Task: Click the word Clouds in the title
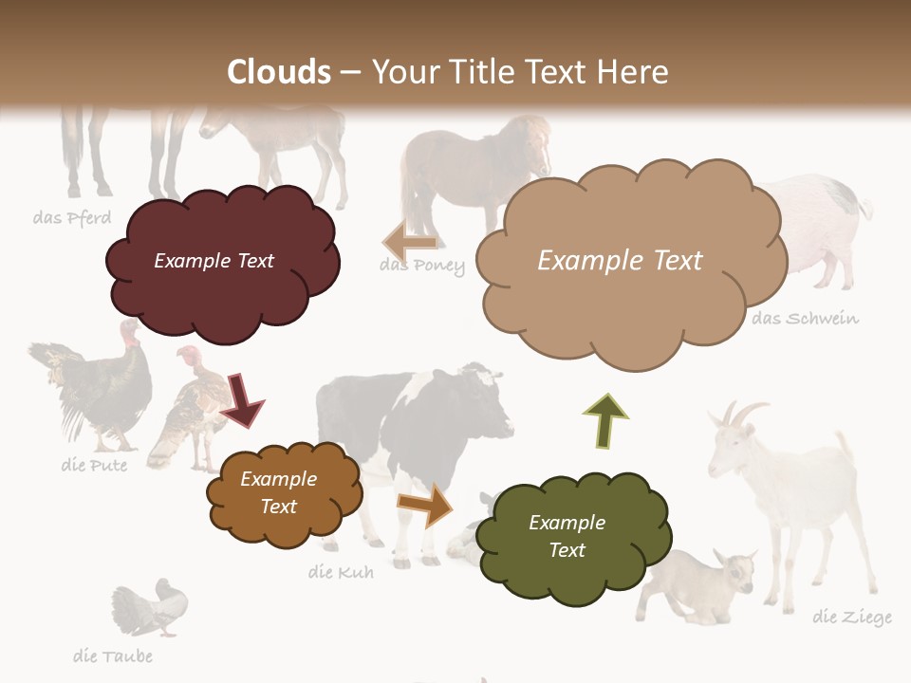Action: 279,72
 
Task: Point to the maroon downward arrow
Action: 243,399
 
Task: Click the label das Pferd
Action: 72,217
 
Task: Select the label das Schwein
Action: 805,319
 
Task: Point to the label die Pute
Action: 94,465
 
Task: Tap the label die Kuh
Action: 341,572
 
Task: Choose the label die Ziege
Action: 852,618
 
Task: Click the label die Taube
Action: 113,655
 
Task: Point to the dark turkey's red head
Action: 129,332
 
